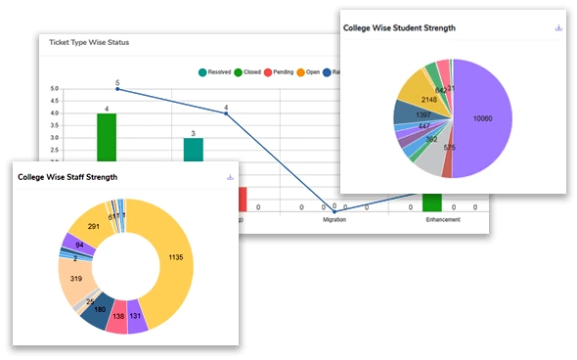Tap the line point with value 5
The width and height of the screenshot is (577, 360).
click(117, 89)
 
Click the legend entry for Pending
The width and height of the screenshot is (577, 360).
click(276, 72)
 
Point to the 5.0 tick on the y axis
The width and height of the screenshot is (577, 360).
click(54, 89)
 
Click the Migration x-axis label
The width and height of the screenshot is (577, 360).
click(334, 220)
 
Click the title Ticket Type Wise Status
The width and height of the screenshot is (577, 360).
click(89, 43)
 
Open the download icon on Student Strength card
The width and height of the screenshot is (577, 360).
click(558, 28)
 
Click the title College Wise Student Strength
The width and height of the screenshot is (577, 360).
click(399, 28)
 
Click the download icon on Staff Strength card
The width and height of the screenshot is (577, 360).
click(229, 177)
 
